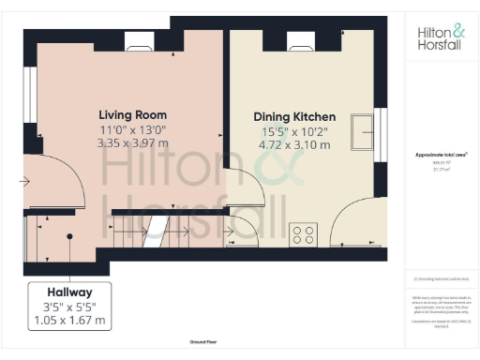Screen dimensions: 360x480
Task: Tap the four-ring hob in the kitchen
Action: coord(303,234)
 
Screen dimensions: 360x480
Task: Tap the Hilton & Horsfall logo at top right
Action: coord(439,37)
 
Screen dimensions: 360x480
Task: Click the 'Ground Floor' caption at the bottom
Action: coord(203,344)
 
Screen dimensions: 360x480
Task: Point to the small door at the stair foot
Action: coord(240,230)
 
